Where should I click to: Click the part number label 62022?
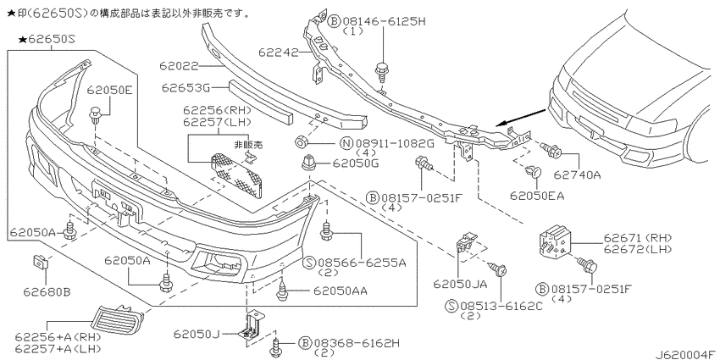pyautogui.click(x=179, y=67)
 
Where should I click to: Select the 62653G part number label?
pyautogui.click(x=185, y=87)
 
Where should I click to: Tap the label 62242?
pyautogui.click(x=279, y=53)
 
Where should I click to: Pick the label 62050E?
pyautogui.click(x=110, y=90)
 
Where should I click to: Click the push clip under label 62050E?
pyautogui.click(x=96, y=115)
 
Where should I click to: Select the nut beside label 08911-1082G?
pyautogui.click(x=301, y=142)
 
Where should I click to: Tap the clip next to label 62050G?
pyautogui.click(x=307, y=162)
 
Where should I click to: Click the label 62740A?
pyautogui.click(x=577, y=174)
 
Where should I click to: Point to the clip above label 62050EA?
pyautogui.click(x=534, y=173)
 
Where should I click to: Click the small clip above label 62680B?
pyautogui.click(x=41, y=263)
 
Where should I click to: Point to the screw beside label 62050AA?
pyautogui.click(x=283, y=291)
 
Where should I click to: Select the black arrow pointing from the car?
pyautogui.click(x=521, y=117)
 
